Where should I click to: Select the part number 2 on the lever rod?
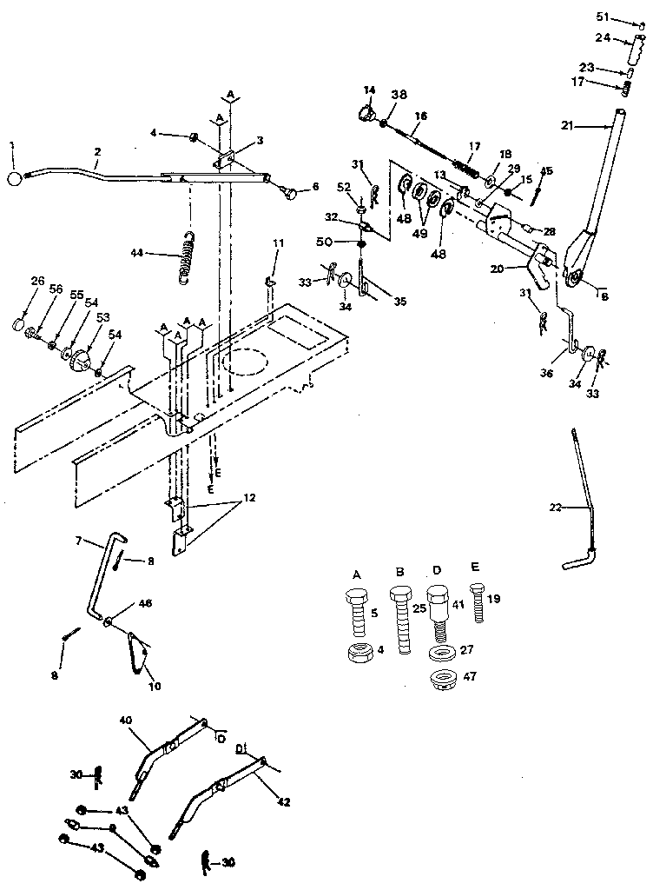click(97, 151)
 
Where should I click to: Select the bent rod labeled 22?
click(584, 504)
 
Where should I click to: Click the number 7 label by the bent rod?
click(78, 541)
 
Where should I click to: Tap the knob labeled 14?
click(366, 114)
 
